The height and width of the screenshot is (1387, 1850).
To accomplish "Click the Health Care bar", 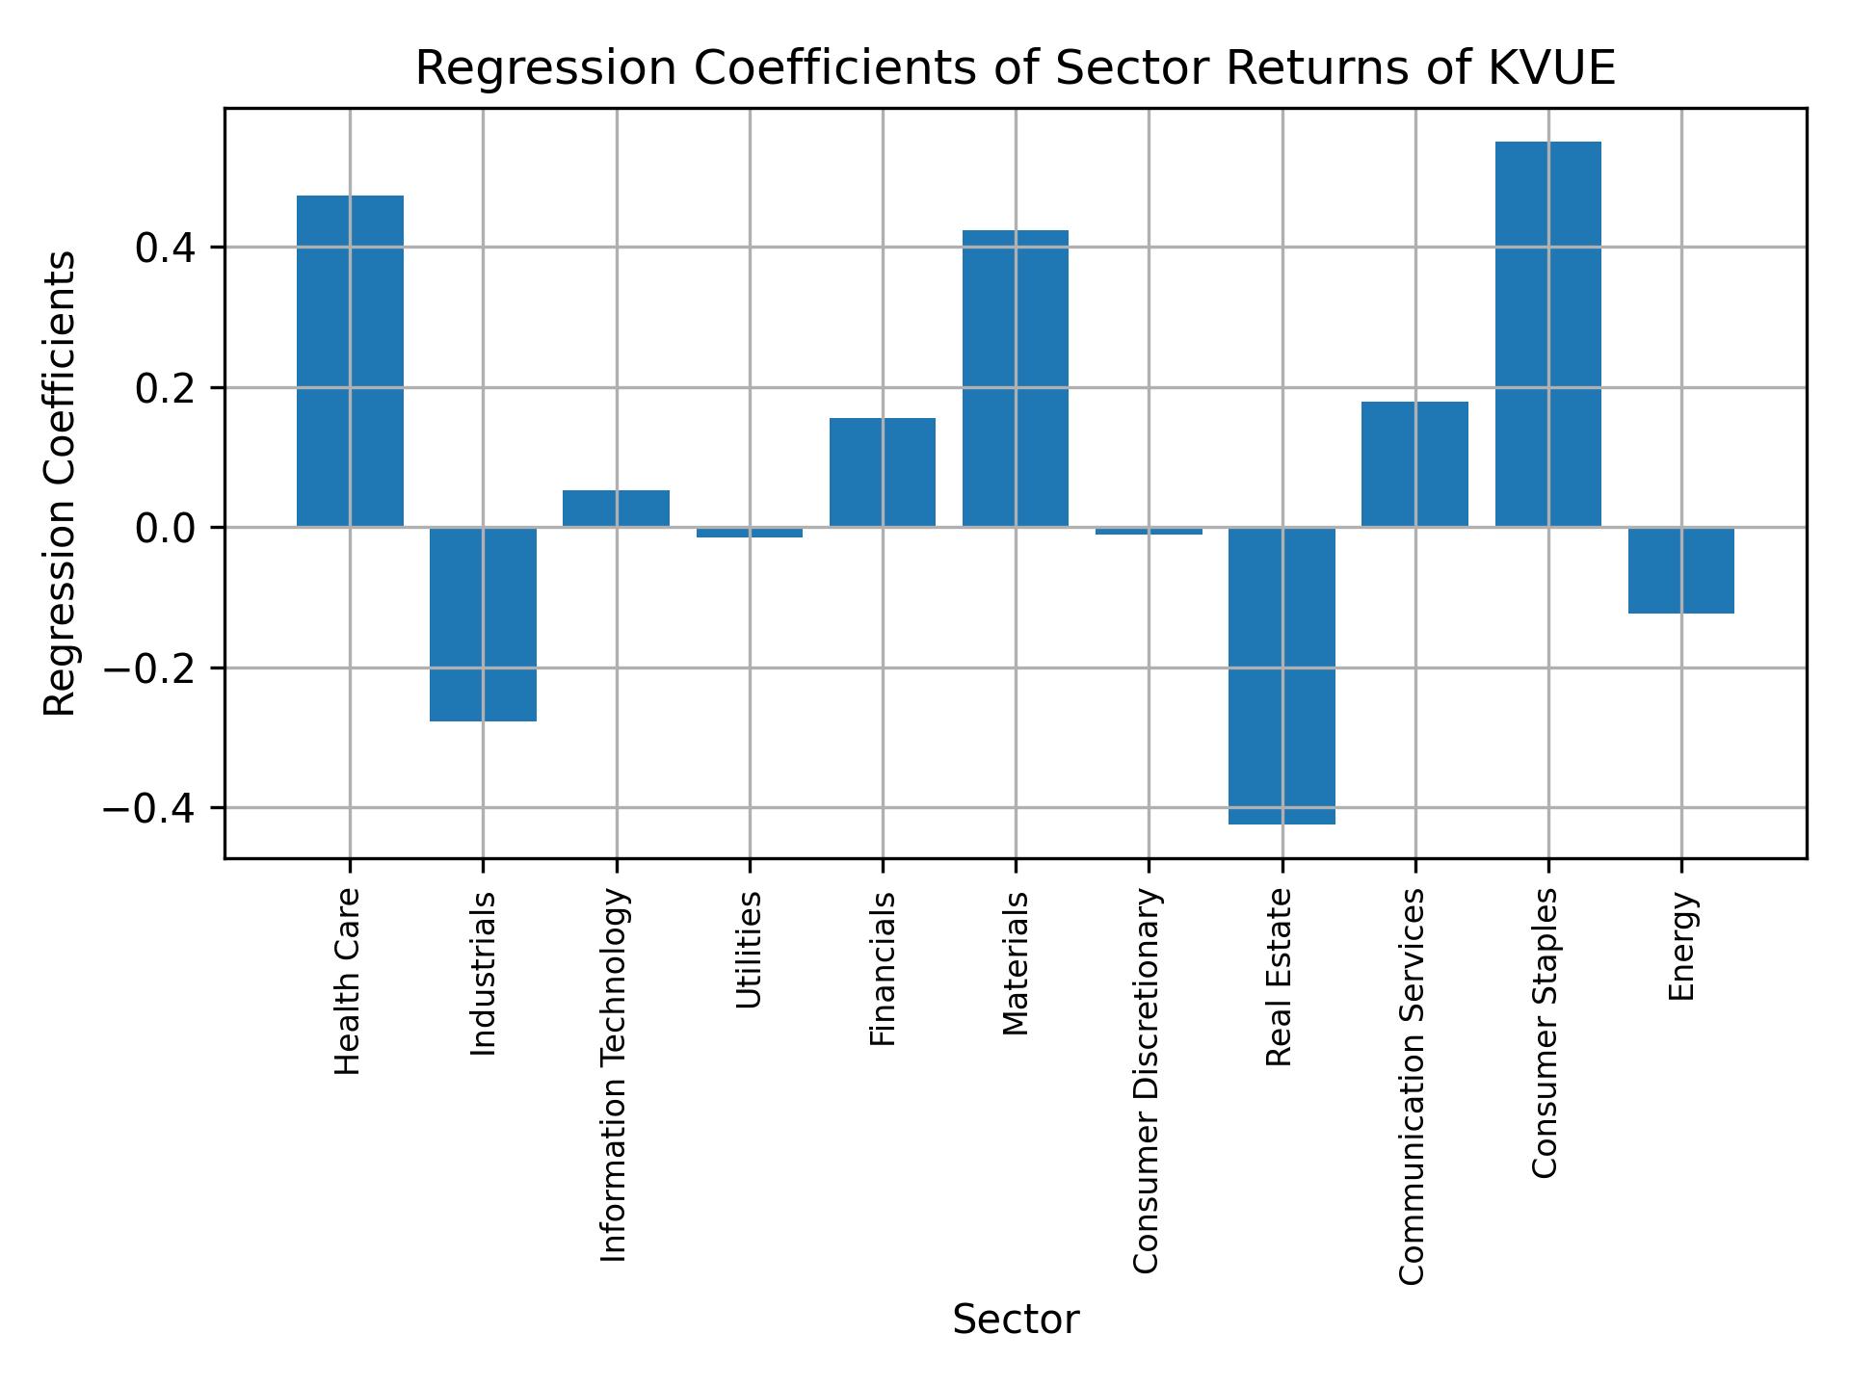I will [350, 361].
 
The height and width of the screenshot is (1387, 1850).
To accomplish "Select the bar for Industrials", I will [483, 624].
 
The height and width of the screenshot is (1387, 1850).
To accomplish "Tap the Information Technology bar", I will [616, 509].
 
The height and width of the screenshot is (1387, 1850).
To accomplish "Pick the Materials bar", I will [1016, 379].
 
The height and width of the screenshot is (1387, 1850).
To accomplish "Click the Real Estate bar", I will [1282, 675].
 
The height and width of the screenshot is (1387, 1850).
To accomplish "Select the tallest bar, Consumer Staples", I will [1547, 334].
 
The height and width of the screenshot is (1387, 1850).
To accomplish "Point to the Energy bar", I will [1680, 570].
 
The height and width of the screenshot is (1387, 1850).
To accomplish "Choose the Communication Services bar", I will [1414, 464].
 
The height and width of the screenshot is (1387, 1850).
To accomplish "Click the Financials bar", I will [882, 472].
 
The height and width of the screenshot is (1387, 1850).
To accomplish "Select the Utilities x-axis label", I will [749, 951].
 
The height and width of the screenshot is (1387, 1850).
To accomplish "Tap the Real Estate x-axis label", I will [1279, 978].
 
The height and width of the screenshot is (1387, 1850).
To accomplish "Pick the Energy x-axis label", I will [1681, 947].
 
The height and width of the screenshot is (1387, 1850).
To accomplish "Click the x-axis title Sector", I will [1016, 1320].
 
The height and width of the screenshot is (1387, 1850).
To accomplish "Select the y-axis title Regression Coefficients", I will [61, 484].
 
